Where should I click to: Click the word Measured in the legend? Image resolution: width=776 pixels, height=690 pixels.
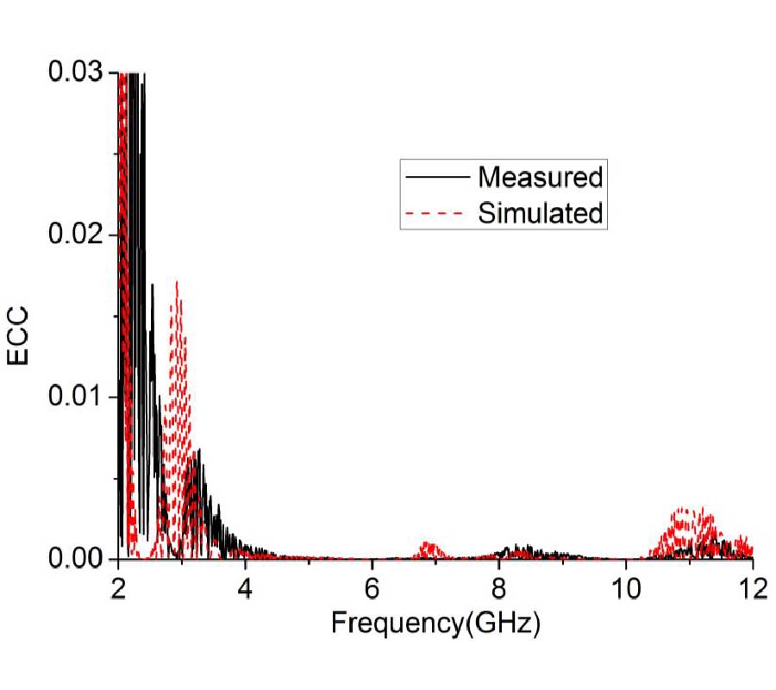541,177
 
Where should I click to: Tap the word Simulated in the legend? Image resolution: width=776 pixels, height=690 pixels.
541,212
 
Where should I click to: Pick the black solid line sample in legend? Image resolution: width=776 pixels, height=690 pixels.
436,178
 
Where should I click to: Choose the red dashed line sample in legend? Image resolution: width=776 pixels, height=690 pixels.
436,213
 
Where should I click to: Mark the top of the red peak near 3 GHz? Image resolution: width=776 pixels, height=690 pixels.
177,282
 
